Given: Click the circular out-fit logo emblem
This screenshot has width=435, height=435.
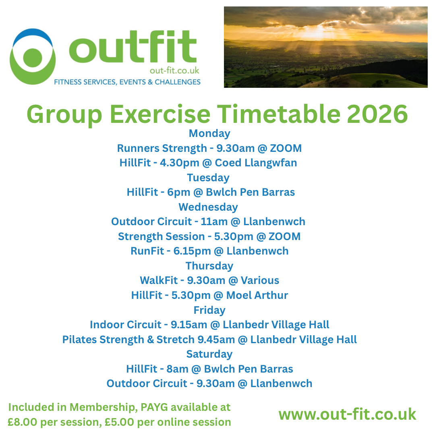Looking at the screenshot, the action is pos(33,57).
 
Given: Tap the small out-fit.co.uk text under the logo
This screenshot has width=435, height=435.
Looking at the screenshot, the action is pos(174,71).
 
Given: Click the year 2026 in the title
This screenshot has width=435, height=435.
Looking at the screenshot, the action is pos(377,114).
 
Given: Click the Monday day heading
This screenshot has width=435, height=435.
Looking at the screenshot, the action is pos(209,133).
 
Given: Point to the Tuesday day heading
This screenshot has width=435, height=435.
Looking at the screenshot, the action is pos(208,178).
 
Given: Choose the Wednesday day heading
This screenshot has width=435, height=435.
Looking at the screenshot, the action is pos(208,207).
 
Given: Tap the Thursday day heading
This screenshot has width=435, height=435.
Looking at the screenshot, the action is pos(209,266).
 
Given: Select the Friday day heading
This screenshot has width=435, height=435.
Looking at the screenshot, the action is pos(209,310).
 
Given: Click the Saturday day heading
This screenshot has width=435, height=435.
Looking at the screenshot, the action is pos(209,354).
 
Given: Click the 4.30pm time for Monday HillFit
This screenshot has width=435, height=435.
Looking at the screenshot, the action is pos(180,163).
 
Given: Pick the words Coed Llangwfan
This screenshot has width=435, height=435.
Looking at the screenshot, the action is pos(256,163).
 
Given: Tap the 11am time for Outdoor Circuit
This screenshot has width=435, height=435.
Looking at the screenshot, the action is pos(214,222).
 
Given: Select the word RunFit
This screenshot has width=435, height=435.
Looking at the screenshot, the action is pos(147,251).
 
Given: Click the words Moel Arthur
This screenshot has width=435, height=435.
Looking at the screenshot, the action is pos(257,295).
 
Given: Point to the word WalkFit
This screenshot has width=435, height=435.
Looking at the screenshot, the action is pos(158,280).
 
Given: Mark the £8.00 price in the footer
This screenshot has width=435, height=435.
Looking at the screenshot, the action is pos(22,422).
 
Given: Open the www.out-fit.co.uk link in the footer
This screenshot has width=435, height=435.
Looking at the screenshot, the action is pos(347,414).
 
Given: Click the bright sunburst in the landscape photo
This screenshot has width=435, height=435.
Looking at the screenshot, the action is pos(316,31).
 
